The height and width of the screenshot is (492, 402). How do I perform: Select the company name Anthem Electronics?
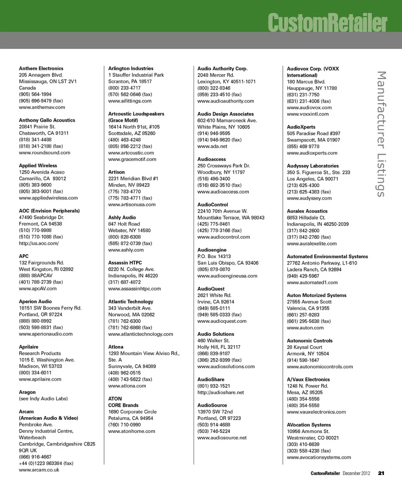(x=41, y=68)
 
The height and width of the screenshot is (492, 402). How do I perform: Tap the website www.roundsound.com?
(x=44, y=153)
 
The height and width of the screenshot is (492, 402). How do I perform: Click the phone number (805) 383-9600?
(x=35, y=185)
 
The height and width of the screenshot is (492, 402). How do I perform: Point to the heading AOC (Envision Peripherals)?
(x=49, y=211)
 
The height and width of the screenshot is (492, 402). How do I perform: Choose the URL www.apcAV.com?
(x=38, y=289)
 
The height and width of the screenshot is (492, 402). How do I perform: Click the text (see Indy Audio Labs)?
(x=43, y=399)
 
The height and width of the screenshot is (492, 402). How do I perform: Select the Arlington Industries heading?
(x=131, y=68)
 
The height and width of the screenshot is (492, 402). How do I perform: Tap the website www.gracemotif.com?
(x=132, y=159)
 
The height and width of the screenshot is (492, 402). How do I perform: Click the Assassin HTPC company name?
(x=125, y=263)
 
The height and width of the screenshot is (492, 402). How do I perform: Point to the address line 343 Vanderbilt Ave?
(x=130, y=308)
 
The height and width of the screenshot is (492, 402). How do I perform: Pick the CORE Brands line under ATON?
(x=123, y=405)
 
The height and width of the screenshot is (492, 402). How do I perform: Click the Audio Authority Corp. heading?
(x=222, y=68)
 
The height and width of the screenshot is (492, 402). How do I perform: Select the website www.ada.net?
(x=212, y=146)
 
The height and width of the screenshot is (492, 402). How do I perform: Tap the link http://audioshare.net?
(x=220, y=392)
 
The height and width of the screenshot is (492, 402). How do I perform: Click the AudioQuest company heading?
(x=211, y=289)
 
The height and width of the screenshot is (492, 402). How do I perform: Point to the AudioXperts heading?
(x=301, y=127)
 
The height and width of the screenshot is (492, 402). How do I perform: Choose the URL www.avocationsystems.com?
(x=319, y=457)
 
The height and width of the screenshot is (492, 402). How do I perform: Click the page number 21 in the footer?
(x=381, y=473)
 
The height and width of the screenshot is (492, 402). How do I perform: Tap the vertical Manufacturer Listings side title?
(x=381, y=134)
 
